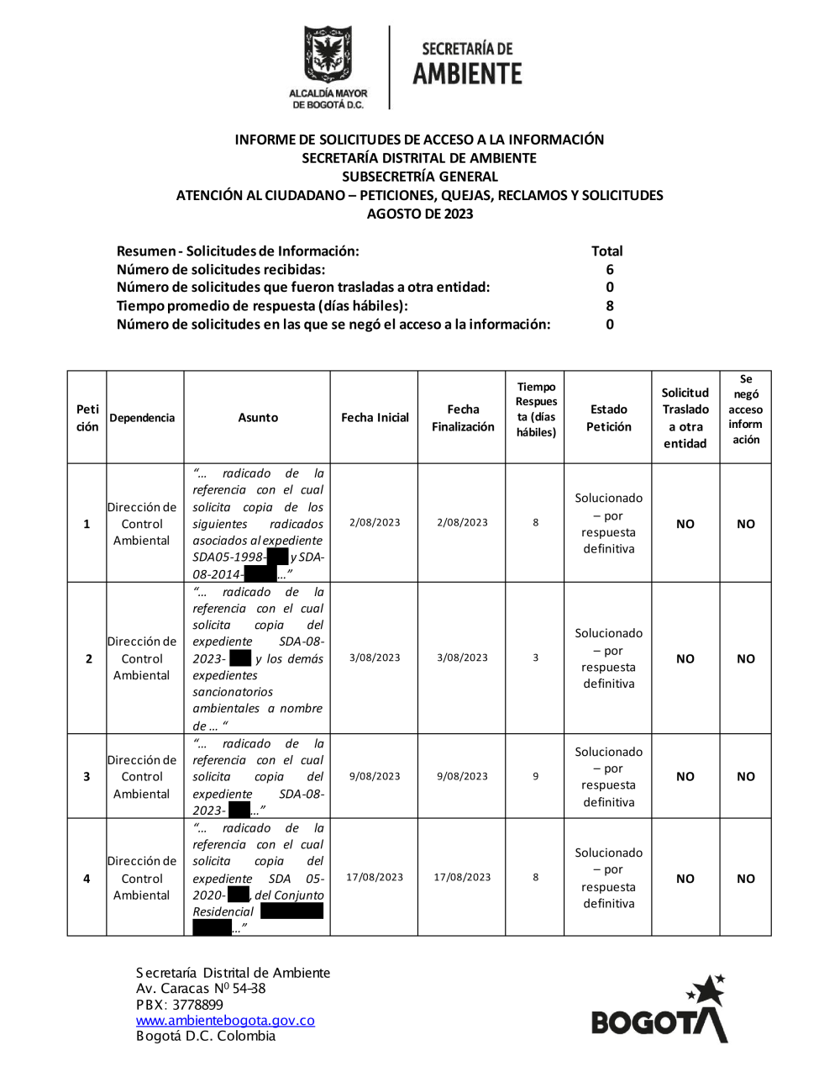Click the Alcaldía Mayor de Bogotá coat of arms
pyautogui.click(x=328, y=55)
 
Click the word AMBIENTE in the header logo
pyautogui.click(x=467, y=74)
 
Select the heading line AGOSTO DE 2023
pyautogui.click(x=420, y=214)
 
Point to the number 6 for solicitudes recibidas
pyautogui.click(x=610, y=270)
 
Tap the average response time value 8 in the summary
pyautogui.click(x=610, y=306)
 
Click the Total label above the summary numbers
pyautogui.click(x=606, y=251)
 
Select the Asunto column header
pyautogui.click(x=258, y=418)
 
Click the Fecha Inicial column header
pyautogui.click(x=375, y=418)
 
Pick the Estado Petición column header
pyautogui.click(x=609, y=418)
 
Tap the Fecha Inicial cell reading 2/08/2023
pyautogui.click(x=375, y=523)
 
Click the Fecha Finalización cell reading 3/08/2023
pyautogui.click(x=462, y=658)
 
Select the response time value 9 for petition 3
pyautogui.click(x=536, y=777)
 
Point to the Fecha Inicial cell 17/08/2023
pyautogui.click(x=375, y=878)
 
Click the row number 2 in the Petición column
pyautogui.click(x=88, y=659)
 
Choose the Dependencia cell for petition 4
pyautogui.click(x=142, y=879)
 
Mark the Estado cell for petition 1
pyautogui.click(x=609, y=524)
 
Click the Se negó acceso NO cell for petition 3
pyautogui.click(x=746, y=777)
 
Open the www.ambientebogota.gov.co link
pyautogui.click(x=225, y=1021)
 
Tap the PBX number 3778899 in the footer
pyautogui.click(x=197, y=1005)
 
